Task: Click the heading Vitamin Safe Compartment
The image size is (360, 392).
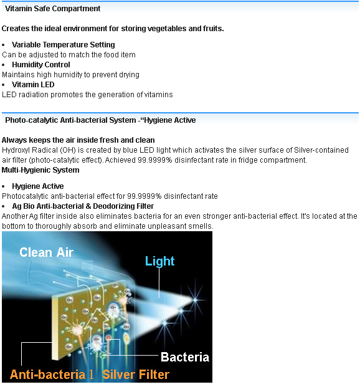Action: (x=53, y=9)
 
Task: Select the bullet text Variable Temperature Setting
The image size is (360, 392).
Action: (x=64, y=45)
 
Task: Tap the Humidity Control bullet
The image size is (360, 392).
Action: (x=41, y=65)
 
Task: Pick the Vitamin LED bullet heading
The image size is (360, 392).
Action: (x=33, y=85)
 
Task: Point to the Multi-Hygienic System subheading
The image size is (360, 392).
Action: (x=40, y=170)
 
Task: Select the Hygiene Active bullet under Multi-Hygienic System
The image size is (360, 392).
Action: (x=37, y=186)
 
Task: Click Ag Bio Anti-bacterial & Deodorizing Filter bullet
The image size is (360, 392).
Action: (x=83, y=206)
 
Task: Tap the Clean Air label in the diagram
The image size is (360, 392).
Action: (x=46, y=252)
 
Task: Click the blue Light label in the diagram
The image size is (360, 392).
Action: (x=159, y=261)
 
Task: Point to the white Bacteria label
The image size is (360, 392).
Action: (x=184, y=357)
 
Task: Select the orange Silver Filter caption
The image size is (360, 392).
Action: (x=136, y=375)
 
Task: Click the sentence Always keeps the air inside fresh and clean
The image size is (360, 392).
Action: (x=78, y=140)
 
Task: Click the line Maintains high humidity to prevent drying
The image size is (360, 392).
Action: (x=70, y=75)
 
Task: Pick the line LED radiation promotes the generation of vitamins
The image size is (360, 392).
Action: (x=87, y=95)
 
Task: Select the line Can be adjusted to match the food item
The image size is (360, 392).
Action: (x=69, y=55)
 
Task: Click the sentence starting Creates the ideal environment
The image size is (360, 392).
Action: (x=113, y=29)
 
